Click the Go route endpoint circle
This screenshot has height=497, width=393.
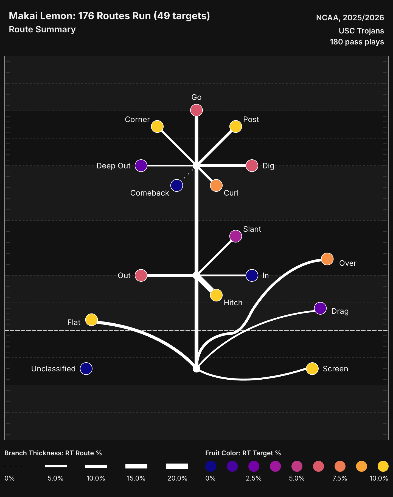[x=196, y=110]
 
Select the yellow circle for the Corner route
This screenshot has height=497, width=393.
[x=157, y=126]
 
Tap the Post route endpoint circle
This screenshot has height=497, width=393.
[x=236, y=126]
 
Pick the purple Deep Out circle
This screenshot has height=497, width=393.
[x=141, y=166]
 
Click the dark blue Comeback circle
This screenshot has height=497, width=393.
[x=177, y=185]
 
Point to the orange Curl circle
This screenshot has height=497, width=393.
[x=216, y=185]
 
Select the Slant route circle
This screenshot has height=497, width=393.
[x=236, y=236]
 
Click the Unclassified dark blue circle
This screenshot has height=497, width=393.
[x=86, y=369]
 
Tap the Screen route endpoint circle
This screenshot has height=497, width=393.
[x=312, y=369]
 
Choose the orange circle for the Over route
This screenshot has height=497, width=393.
[x=327, y=259]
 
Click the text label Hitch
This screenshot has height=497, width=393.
[x=233, y=303]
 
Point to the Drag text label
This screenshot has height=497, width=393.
[x=340, y=311]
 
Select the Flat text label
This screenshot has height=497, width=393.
[x=74, y=322]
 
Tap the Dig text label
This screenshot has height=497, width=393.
[x=268, y=166]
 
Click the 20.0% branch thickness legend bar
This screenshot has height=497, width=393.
[x=177, y=466]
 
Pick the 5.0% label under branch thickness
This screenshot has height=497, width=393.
[x=55, y=478]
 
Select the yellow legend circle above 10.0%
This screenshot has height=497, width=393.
[x=383, y=466]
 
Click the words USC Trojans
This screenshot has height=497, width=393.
[x=361, y=31]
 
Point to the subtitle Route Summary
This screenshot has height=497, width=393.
[x=42, y=29]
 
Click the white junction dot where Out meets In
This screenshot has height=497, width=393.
[x=196, y=275]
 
